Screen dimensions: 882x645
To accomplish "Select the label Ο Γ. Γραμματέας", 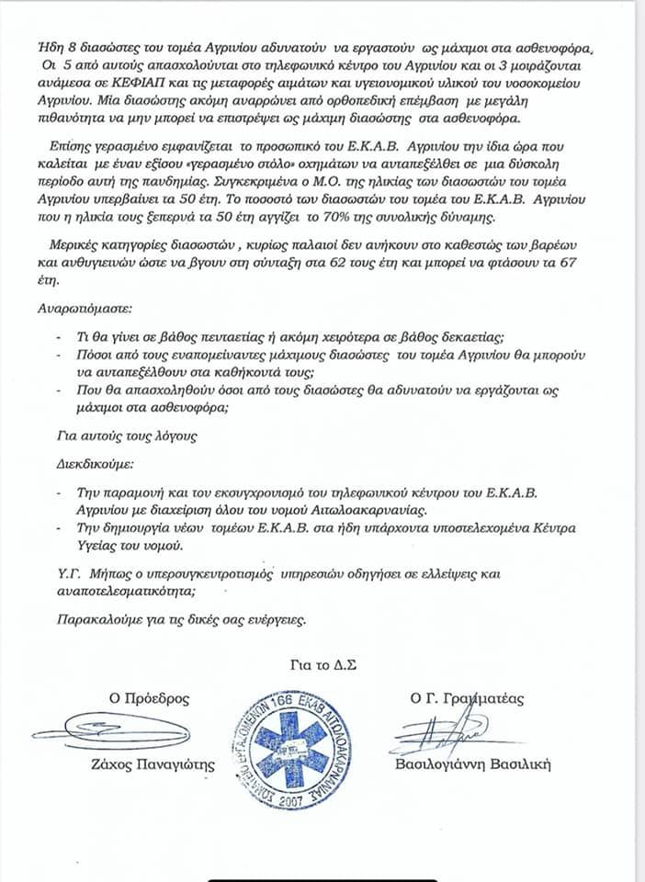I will coord(467,698).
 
